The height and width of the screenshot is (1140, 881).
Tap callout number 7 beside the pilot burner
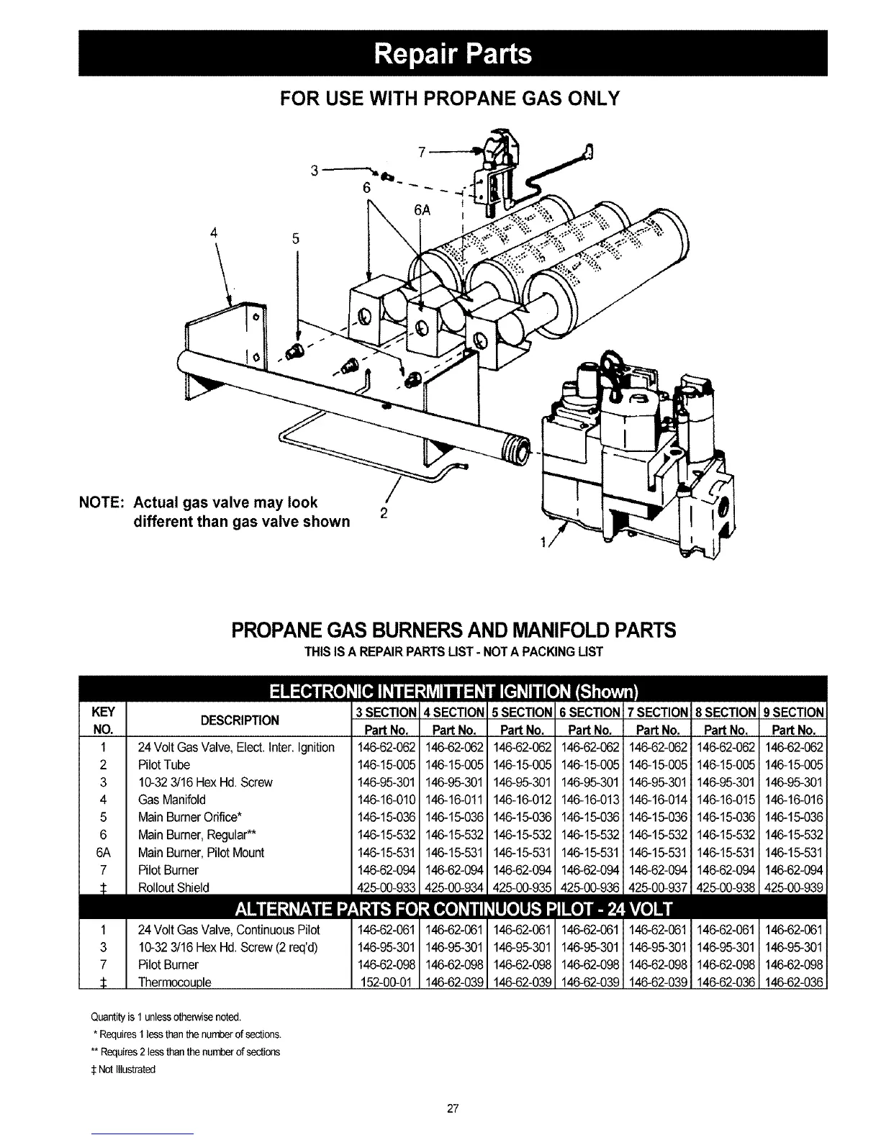point(422,151)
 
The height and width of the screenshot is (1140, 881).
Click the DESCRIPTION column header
point(240,720)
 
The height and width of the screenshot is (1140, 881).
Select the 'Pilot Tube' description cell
point(163,765)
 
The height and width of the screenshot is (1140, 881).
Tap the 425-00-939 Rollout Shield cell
point(794,887)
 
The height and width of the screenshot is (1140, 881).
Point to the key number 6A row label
point(104,852)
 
